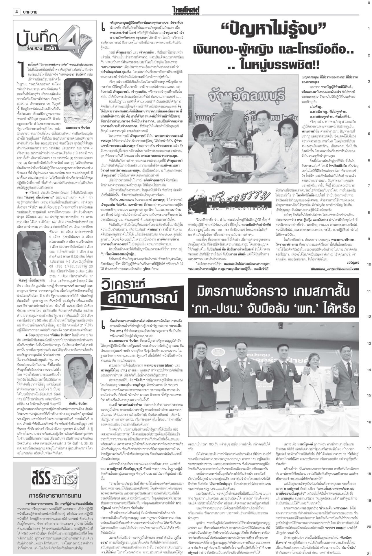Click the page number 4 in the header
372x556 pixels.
coord(17,12)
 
